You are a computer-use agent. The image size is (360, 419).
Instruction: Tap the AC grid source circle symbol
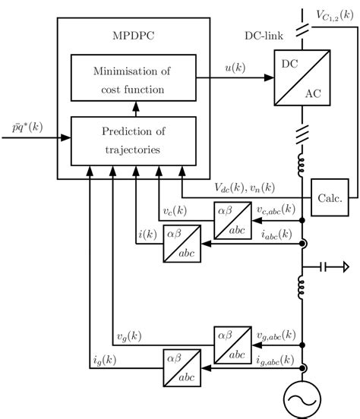(x=302, y=402)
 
